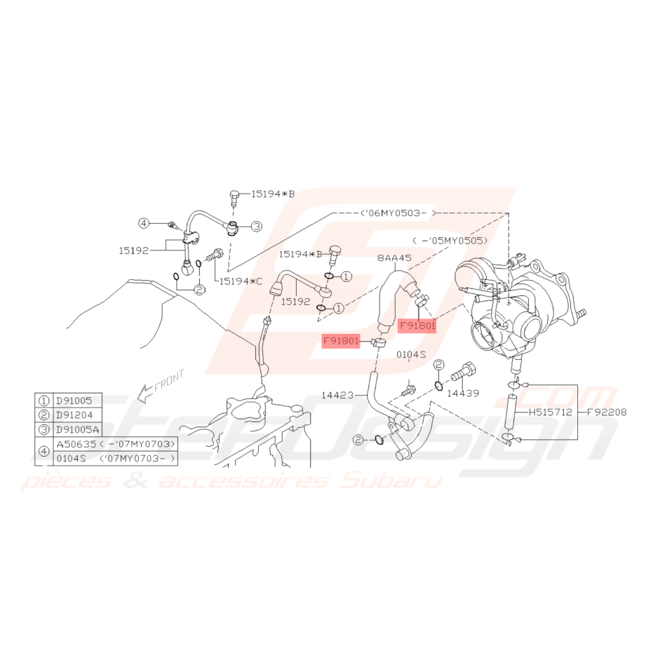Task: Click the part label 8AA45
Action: coord(394,258)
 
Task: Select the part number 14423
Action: coord(337,395)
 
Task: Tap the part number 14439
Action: coord(463,393)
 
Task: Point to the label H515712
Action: coord(550,412)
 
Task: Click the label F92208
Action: coord(607,412)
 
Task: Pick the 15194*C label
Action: coord(241,281)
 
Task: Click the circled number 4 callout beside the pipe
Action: coord(144,224)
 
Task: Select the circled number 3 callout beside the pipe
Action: coord(257,227)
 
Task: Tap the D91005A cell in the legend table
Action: coord(77,430)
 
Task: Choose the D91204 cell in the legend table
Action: coord(74,415)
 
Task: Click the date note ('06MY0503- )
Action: coord(398,213)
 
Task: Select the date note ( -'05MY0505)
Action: coord(450,241)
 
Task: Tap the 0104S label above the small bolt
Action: coord(411,354)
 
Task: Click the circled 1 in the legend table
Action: coord(43,401)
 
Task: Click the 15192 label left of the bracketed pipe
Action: coord(134,250)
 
